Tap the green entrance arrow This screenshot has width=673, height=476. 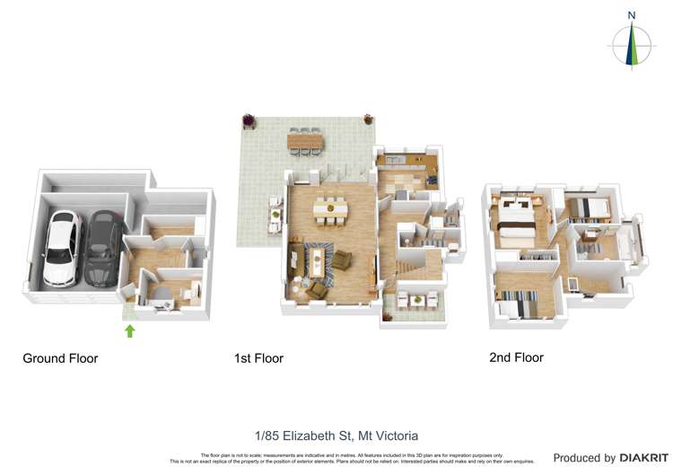point(129,331)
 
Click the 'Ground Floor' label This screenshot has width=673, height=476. point(60,358)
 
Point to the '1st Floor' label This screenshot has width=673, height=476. point(258,358)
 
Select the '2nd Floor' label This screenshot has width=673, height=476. point(516,357)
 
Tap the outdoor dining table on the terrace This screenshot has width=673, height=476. point(306,141)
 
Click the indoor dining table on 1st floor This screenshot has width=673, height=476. point(331,208)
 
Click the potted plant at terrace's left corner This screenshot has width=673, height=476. point(249,119)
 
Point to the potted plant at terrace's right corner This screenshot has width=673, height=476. point(367,119)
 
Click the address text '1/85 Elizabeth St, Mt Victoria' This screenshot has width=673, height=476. point(336,436)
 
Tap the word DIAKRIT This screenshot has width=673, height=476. point(644,458)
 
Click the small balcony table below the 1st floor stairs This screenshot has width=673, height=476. point(413,300)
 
